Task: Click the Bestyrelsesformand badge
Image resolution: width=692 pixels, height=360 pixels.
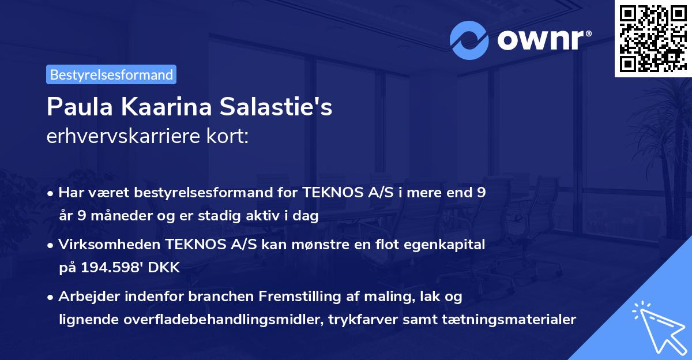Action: pos(111,74)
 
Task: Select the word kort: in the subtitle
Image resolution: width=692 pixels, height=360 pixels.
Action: pos(229,137)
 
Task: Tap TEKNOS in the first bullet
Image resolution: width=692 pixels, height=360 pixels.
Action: pos(335,193)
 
